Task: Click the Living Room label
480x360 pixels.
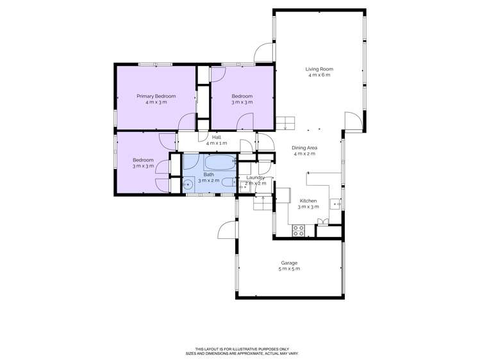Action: click(x=319, y=69)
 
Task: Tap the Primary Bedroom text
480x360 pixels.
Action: click(x=156, y=96)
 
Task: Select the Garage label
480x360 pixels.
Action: click(x=289, y=263)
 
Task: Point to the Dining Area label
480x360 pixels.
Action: click(x=305, y=147)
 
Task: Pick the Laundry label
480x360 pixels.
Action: click(x=256, y=177)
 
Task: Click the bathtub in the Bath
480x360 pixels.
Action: click(x=220, y=160)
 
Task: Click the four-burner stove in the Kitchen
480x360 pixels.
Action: click(x=299, y=231)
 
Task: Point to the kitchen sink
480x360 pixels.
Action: click(x=335, y=204)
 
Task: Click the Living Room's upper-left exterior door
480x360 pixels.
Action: click(x=263, y=53)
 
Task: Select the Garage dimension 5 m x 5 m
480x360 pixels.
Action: click(x=289, y=269)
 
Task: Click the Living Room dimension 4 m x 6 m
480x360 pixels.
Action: click(x=319, y=76)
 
